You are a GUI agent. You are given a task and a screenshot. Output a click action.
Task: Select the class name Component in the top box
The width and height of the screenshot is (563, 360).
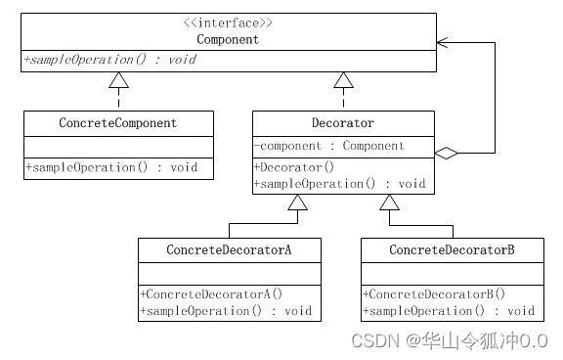pos(228,40)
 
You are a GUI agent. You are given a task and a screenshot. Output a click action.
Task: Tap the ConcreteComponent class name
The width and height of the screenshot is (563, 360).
pos(118,124)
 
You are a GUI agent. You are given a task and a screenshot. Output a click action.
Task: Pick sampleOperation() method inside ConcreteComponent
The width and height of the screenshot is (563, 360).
pos(111,167)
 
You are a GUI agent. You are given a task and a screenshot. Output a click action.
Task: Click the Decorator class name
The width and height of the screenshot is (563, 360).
pos(342,124)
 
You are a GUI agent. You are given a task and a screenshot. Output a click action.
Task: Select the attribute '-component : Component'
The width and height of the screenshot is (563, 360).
pos(328,146)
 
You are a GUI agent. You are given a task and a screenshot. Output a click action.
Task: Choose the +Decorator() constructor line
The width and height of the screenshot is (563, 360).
pos(294,167)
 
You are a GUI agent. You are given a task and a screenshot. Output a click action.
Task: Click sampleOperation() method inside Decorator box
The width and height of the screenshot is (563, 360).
pos(340,183)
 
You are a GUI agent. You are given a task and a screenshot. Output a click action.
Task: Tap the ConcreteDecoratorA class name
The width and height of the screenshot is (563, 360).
pos(229,250)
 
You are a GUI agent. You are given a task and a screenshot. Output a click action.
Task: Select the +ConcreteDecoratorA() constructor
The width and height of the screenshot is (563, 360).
pos(211,293)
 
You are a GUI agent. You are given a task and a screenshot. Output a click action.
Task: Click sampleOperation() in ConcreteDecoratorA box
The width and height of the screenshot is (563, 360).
pos(226,310)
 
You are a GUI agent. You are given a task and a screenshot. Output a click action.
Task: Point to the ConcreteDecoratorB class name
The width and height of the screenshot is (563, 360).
pos(452,250)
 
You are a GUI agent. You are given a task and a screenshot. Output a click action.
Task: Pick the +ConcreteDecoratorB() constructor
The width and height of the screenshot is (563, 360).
pos(434,293)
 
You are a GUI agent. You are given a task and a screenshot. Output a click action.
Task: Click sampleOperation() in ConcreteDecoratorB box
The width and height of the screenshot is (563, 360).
pos(449,310)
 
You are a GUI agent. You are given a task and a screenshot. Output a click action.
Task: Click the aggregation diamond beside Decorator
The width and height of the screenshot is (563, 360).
pos(446,153)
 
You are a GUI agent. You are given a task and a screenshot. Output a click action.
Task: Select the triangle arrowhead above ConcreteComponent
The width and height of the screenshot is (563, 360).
pos(118,79)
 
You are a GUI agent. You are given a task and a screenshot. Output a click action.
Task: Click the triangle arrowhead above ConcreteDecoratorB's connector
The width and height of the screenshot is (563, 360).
pos(390,202)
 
